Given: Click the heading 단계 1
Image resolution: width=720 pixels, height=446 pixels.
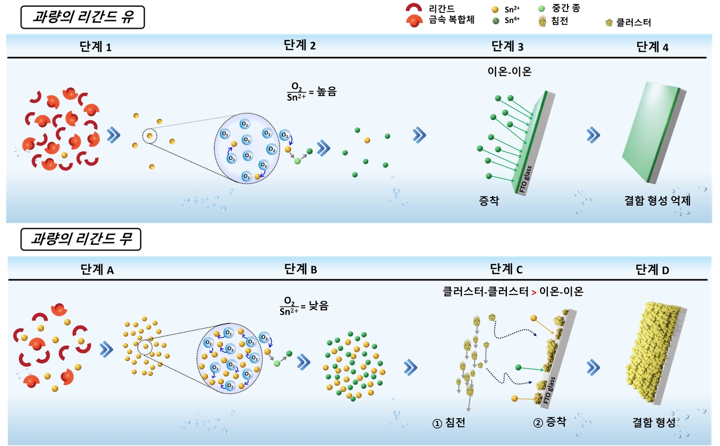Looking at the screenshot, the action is pos(95,47).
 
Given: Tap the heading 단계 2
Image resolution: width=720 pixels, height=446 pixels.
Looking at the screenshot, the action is pos(300,46).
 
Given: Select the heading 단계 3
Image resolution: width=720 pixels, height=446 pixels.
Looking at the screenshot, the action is pos(507,47).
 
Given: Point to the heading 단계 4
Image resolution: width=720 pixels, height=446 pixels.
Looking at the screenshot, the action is pos(652,47).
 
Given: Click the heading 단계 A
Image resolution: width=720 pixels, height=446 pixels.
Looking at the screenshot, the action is pos(97,270).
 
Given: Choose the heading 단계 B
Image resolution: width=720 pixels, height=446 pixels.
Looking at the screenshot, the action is pos(300,269).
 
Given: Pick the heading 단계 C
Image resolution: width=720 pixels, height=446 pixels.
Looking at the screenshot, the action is pos(506,269).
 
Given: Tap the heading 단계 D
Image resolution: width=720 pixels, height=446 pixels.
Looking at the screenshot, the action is pos(652,270).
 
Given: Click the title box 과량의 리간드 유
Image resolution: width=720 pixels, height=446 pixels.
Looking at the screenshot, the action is pos(83,17).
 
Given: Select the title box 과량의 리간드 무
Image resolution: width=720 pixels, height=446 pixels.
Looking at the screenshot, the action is pos(80,239).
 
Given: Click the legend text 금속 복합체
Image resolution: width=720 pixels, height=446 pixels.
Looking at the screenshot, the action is pos(451,20).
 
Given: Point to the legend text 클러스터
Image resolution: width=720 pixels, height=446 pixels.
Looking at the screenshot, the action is pos(633,23).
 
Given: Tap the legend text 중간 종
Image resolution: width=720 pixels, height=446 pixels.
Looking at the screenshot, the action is pos(566,8).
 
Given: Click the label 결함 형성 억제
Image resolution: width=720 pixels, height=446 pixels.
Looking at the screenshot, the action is pos(658,200).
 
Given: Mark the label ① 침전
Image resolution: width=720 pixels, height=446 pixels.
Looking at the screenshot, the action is pos(449,422).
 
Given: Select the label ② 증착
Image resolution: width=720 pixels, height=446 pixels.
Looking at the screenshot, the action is pos(550,422).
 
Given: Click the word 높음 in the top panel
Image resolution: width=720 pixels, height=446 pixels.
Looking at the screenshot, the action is pos(327,92).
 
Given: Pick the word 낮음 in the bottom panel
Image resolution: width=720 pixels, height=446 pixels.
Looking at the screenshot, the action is pos(318,306).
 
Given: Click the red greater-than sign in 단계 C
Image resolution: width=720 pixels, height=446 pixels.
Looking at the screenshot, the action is pos(534,292).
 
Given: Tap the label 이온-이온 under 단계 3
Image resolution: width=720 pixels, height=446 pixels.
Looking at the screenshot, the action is pos(510,71).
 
